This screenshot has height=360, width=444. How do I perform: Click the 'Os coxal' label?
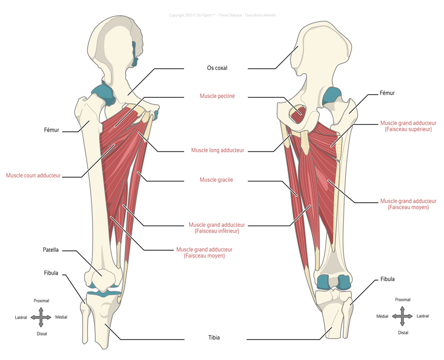[217, 68]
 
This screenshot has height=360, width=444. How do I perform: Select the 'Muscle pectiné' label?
[217, 96]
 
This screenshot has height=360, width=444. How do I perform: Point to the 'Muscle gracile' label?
[216, 180]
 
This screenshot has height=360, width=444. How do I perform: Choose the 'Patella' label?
[50, 250]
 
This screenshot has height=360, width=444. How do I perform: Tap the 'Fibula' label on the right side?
[388, 280]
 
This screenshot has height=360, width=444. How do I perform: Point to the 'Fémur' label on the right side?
[387, 94]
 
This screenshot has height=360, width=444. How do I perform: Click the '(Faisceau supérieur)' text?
[407, 129]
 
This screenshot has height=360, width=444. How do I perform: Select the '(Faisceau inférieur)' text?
[217, 231]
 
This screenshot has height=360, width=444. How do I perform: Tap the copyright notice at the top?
[223, 15]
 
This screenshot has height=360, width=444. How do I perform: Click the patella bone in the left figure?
[101, 273]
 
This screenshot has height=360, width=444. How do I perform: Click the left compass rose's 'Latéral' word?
[21, 317]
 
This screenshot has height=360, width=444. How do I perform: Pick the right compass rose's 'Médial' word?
[382, 316]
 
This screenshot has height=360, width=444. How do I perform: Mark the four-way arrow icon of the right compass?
[402, 316]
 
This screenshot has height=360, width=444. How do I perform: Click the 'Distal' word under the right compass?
[403, 332]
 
